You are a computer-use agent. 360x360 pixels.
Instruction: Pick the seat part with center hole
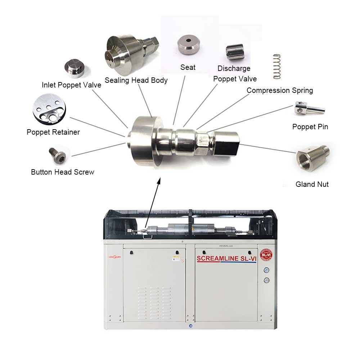pyautogui.click(x=188, y=44)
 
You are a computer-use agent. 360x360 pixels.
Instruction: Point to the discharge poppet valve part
pyautogui.click(x=235, y=53)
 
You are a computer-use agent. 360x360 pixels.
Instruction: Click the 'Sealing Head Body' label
pyautogui.click(x=136, y=80)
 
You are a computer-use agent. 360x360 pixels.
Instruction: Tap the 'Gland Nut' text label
pyautogui.click(x=312, y=184)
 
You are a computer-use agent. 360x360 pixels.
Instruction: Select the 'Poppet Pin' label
pyautogui.click(x=310, y=127)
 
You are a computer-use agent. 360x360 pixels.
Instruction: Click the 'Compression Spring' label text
pyautogui.click(x=280, y=90)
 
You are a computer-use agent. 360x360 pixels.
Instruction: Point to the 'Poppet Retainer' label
pyautogui.click(x=53, y=132)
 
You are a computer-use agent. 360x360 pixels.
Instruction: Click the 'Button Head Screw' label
pyautogui.click(x=63, y=172)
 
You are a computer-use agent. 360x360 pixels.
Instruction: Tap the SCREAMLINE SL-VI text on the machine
pyautogui.click(x=226, y=258)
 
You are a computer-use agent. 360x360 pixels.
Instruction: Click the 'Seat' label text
pyautogui.click(x=188, y=67)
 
